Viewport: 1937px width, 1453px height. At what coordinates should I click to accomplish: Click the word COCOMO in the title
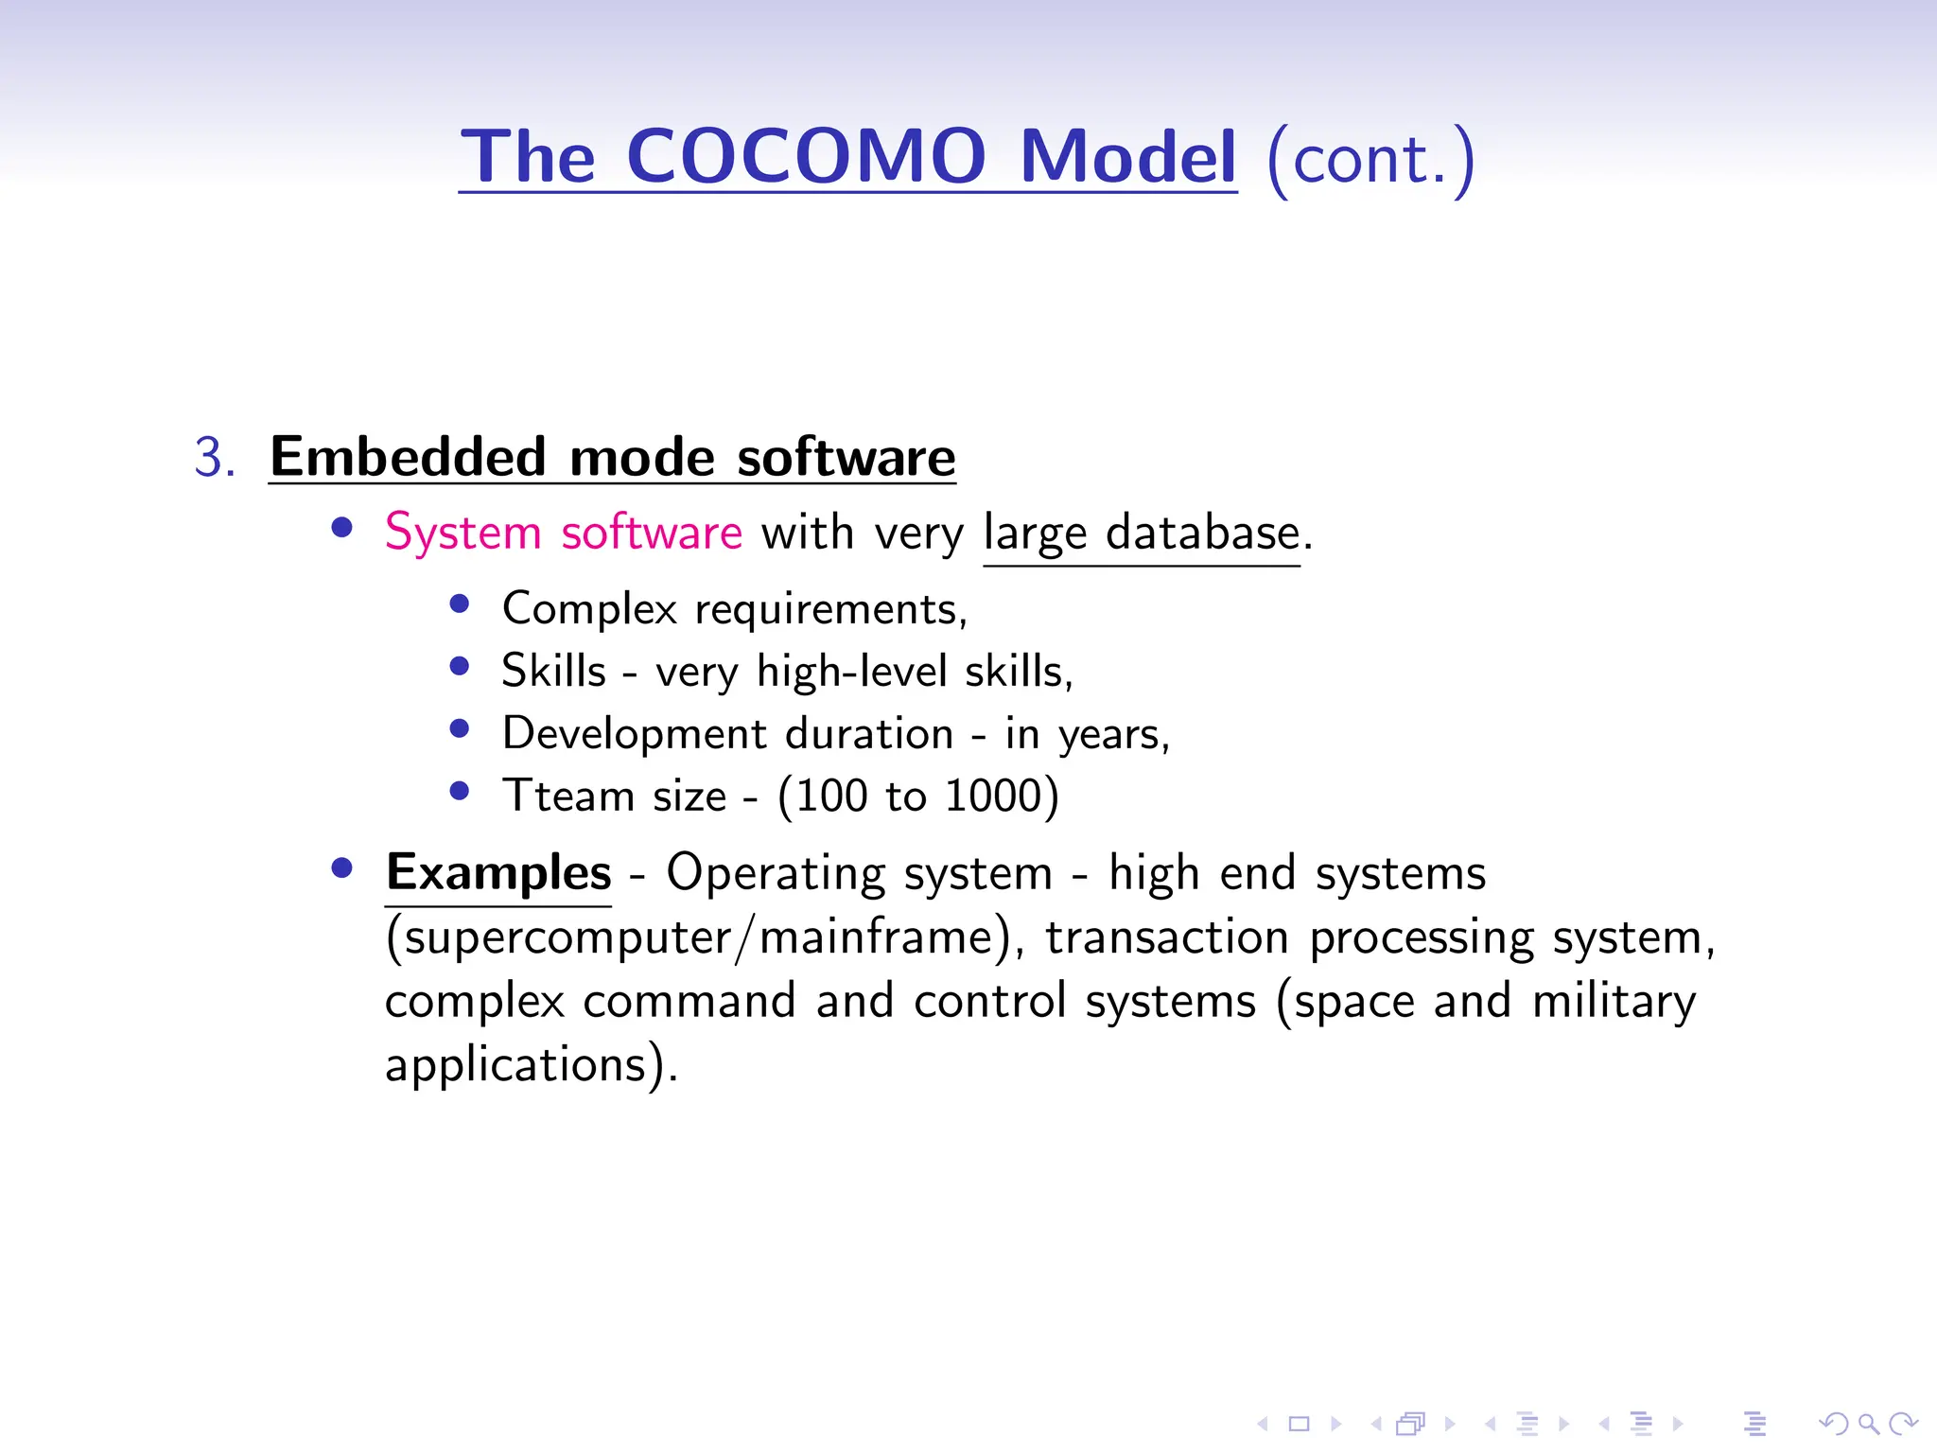[x=806, y=156]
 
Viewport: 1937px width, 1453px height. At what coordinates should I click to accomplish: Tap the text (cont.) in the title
[x=1370, y=159]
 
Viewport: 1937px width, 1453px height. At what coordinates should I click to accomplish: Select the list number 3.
[x=215, y=458]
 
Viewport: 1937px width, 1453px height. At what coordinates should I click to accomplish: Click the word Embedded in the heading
[x=408, y=458]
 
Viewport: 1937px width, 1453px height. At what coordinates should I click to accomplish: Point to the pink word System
[x=462, y=533]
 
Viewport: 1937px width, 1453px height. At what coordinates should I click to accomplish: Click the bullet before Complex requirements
[x=460, y=604]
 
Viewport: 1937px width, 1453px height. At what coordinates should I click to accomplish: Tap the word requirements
[x=830, y=609]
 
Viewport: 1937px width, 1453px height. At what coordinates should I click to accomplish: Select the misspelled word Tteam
[x=567, y=796]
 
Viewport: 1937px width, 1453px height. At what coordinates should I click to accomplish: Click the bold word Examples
[x=498, y=872]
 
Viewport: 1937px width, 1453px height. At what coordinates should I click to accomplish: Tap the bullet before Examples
[x=342, y=868]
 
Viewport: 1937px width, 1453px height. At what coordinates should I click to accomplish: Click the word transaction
[x=1167, y=938]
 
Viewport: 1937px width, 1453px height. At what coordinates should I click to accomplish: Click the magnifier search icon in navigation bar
[x=1867, y=1423]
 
